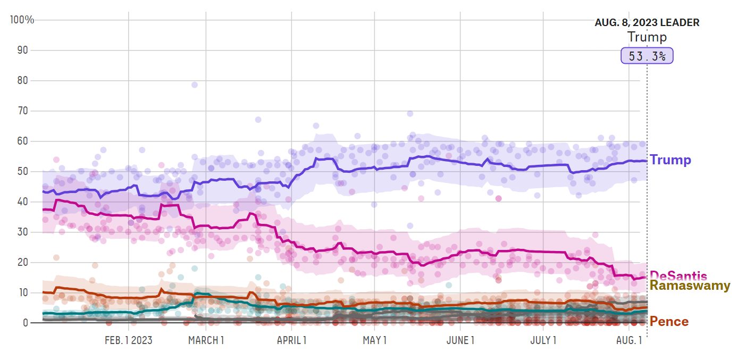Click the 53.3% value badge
coord(647,56)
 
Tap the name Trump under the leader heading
coord(647,37)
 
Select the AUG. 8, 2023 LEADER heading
coord(647,23)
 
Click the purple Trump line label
coord(670,160)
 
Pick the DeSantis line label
coord(678,275)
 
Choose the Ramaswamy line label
coord(690,286)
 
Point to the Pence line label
coord(669,321)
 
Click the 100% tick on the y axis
coord(22,20)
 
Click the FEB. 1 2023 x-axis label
coord(128,340)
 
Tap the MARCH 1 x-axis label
coord(206,340)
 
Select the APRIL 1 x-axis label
coord(291,340)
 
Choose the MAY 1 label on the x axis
coord(374,340)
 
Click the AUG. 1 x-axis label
coord(628,340)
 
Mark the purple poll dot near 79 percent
coord(195,85)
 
